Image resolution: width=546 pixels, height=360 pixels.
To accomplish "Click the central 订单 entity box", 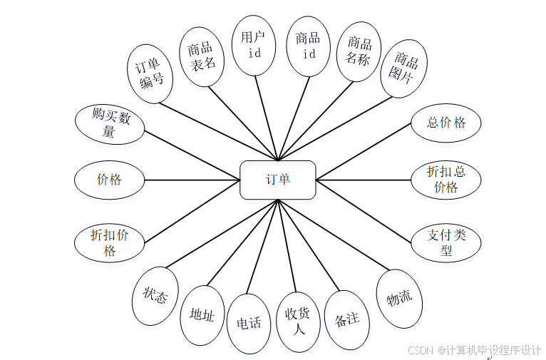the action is (x=278, y=180).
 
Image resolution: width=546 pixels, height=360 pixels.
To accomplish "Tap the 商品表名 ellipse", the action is (x=202, y=56).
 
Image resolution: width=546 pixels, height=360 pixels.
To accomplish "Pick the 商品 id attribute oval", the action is (x=308, y=46).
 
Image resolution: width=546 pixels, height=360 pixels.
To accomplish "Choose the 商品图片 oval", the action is (x=404, y=68).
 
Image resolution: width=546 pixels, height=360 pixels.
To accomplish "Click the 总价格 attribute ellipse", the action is (x=446, y=123).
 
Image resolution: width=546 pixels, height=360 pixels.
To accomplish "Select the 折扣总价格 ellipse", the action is (x=446, y=180).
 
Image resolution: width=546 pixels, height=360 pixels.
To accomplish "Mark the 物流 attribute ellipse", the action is (x=399, y=299).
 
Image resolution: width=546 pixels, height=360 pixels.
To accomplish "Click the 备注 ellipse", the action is (x=346, y=320).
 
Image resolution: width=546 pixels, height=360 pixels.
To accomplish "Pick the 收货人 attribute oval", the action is (x=298, y=322).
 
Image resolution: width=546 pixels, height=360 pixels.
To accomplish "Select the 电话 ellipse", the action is (x=249, y=324).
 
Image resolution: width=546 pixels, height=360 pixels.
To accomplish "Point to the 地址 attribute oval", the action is (x=202, y=315).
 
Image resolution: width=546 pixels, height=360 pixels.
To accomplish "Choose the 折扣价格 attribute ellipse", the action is (x=109, y=242).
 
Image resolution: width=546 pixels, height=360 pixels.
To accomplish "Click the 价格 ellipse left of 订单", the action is (x=109, y=180).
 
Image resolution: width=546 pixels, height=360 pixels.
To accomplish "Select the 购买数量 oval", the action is (x=109, y=123).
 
